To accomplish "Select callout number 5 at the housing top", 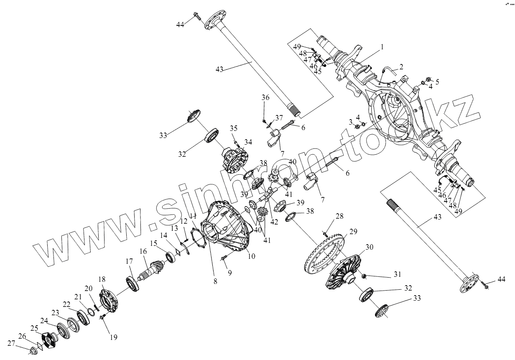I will (x=437, y=82).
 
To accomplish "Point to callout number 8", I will (x=215, y=281).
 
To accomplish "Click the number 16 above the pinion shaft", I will (x=143, y=251).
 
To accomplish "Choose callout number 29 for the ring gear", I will (x=354, y=231).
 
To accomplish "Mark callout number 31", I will (x=397, y=274).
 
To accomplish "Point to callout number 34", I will (x=248, y=142).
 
